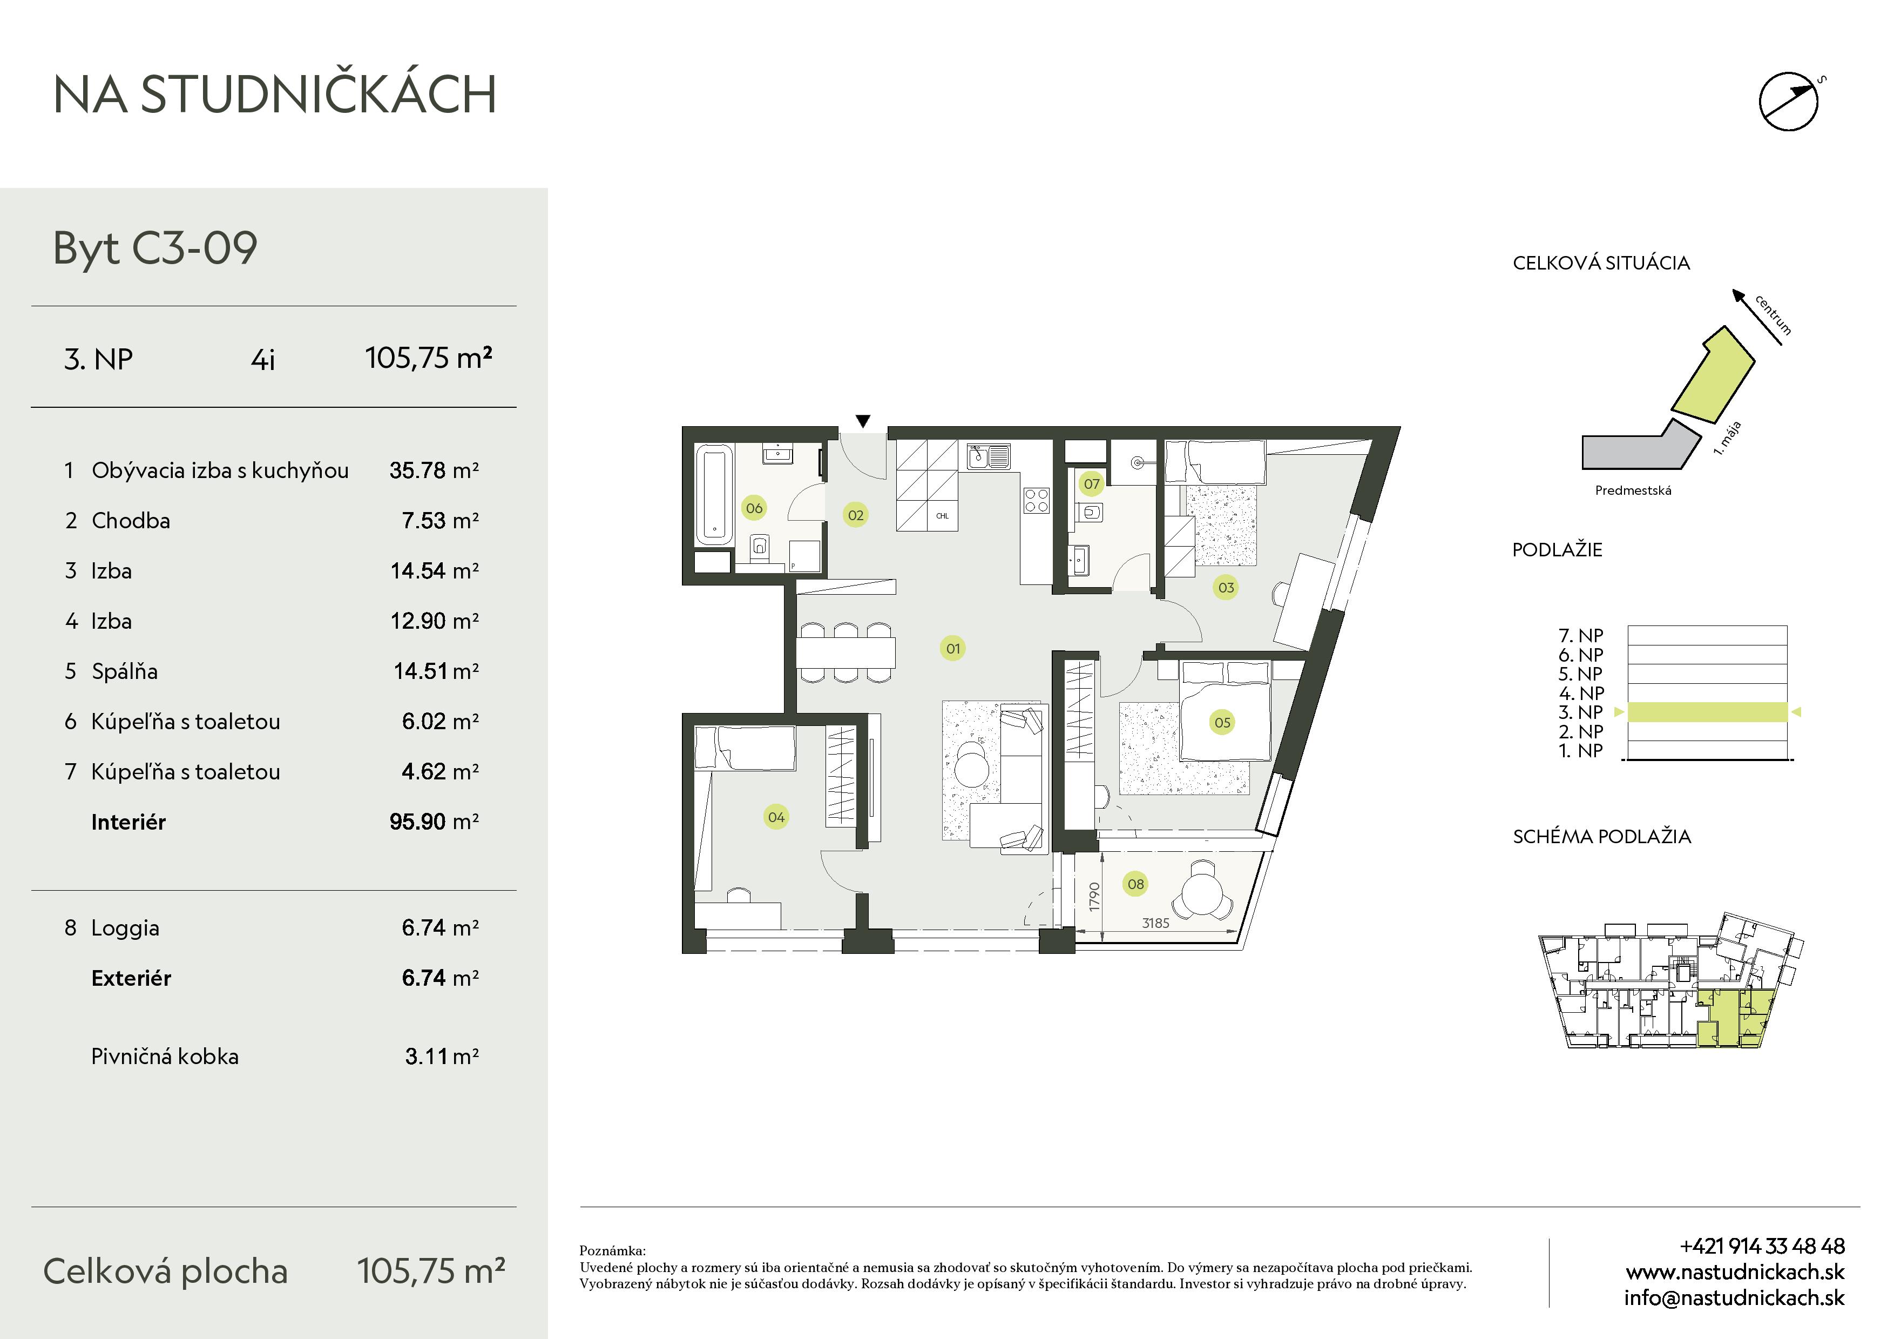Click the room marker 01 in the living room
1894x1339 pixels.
tap(953, 649)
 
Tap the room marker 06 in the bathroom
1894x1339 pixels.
tap(754, 508)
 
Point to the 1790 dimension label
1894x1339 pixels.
tap(1094, 897)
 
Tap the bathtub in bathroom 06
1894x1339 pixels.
tap(714, 494)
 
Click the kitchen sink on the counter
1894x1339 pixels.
tap(988, 456)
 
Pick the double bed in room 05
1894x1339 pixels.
tap(1224, 710)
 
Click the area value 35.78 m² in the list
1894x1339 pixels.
tap(434, 470)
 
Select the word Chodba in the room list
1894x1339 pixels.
tap(131, 521)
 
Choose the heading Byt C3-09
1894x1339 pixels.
tap(155, 247)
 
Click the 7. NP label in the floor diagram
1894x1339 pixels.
tap(1580, 635)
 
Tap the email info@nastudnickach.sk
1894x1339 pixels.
tap(1734, 1298)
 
